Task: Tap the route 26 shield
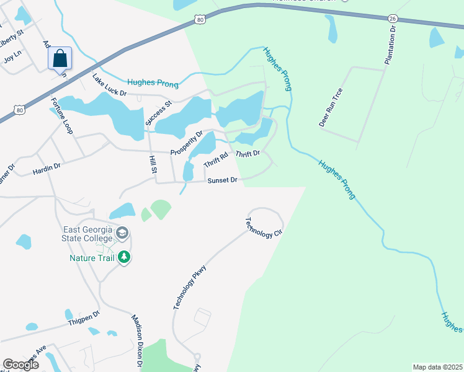point(393,19)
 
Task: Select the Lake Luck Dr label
point(109,85)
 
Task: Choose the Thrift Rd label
point(216,160)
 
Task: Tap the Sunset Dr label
point(222,180)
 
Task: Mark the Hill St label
point(153,165)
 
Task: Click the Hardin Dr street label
point(47,166)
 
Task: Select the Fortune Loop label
point(61,116)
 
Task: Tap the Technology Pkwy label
point(189,286)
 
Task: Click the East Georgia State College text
point(87,233)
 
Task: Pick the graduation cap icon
point(122,233)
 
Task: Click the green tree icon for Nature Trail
point(124,256)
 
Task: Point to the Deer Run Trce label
point(331,107)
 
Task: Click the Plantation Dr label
point(390,45)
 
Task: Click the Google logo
point(20,364)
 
